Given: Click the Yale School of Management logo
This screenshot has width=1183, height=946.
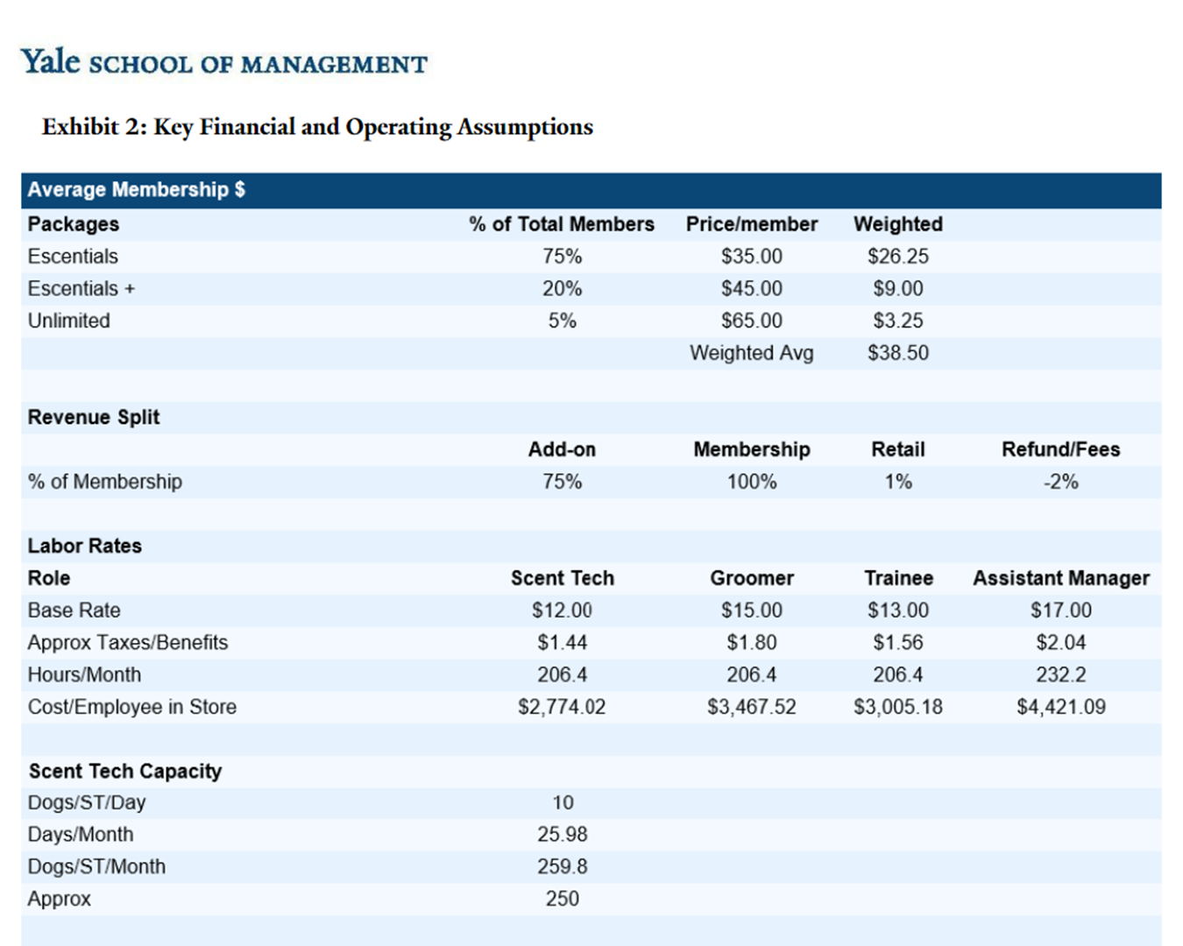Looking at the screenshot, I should [x=223, y=62].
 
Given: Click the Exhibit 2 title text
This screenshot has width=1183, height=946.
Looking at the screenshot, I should [x=317, y=127].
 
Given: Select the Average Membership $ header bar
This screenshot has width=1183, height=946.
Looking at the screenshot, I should [x=591, y=190].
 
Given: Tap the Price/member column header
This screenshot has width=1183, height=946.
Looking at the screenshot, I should [x=751, y=224].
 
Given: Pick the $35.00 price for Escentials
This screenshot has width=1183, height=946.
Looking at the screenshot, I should [x=751, y=257].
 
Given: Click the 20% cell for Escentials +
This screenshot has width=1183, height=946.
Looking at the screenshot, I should [x=562, y=289].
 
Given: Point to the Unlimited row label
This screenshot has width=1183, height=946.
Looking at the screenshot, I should [x=69, y=321].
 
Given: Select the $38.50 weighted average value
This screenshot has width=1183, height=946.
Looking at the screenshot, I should [x=897, y=353].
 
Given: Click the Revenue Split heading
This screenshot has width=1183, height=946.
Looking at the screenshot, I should [x=94, y=418].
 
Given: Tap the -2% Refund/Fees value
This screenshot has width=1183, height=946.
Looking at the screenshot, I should [x=1060, y=482].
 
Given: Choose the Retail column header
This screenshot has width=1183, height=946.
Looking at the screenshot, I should [x=897, y=450].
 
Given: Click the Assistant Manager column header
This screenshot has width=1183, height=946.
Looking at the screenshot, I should [x=1060, y=578].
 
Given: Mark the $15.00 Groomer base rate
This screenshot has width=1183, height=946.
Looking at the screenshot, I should [x=751, y=611].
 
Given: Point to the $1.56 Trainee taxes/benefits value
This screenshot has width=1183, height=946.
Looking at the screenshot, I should [x=897, y=643].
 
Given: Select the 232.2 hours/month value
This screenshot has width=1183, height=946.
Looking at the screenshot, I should [x=1060, y=675].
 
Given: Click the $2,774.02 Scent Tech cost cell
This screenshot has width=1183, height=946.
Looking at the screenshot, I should [x=562, y=707].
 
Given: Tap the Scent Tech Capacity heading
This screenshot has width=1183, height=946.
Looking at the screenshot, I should [x=125, y=772].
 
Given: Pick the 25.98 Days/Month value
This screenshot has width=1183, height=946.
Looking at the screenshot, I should [x=562, y=835].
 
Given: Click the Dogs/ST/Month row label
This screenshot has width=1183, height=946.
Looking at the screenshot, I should [x=96, y=867].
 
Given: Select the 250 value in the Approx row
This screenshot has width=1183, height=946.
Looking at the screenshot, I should [x=562, y=899].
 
